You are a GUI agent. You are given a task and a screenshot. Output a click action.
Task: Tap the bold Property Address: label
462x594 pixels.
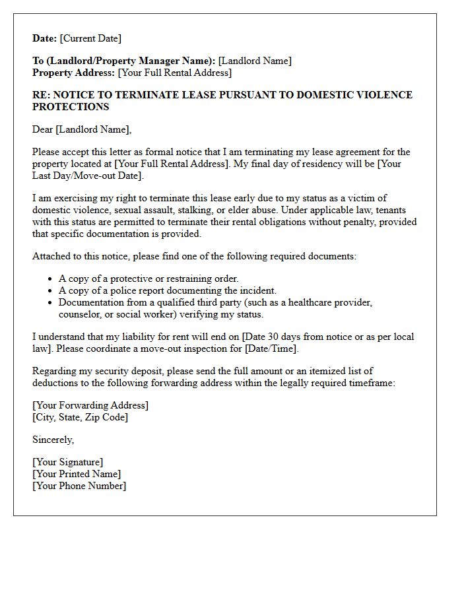pos(74,73)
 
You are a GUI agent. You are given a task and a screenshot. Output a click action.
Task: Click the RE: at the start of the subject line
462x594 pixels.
pos(42,95)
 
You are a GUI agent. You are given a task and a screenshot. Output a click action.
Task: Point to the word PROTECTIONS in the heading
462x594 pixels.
pos(71,107)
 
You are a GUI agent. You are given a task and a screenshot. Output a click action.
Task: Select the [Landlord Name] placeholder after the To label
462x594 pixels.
pos(255,61)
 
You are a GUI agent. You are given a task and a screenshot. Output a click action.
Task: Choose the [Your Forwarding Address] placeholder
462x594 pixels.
pos(90,405)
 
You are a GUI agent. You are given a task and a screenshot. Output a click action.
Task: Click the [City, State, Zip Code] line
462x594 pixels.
pos(81,417)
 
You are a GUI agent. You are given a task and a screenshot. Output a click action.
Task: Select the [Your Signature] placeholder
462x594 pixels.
pos(68,462)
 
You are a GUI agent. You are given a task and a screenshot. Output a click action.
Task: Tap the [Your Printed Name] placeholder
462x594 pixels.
pos(77,474)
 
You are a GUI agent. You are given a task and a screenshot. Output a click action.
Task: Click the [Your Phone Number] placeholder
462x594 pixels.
pos(79,486)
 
